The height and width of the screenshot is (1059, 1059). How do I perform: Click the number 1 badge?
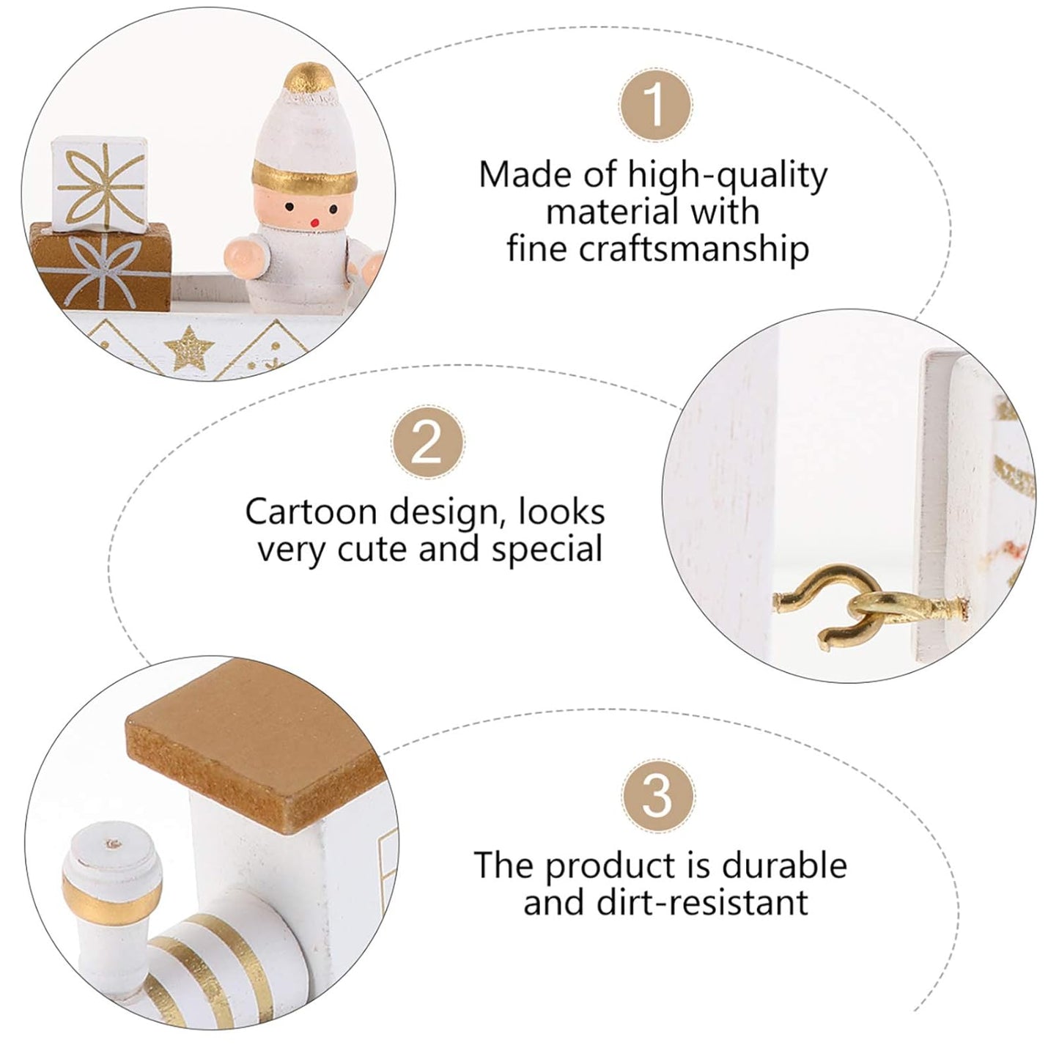[655, 104]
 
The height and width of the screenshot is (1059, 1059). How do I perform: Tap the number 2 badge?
[427, 443]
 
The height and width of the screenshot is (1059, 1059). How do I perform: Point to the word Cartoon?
[311, 512]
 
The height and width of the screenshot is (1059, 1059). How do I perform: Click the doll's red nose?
[314, 223]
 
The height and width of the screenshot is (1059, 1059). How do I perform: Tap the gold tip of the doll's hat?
[309, 78]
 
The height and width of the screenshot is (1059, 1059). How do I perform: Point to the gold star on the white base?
[189, 348]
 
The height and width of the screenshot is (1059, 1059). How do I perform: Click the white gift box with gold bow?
[100, 183]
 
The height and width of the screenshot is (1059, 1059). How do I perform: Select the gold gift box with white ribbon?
[100, 267]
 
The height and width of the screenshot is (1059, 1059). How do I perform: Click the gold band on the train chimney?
[113, 899]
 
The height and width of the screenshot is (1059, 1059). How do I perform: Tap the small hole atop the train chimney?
[114, 843]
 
